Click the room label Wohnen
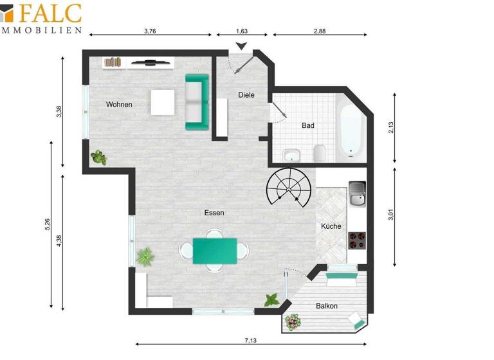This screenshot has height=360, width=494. (120, 104)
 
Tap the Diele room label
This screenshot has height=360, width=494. (246, 95)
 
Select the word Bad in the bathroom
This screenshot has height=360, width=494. (308, 126)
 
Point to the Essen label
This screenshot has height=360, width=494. (214, 213)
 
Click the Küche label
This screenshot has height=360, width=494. (331, 226)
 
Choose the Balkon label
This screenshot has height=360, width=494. (327, 306)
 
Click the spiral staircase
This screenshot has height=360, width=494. (290, 186)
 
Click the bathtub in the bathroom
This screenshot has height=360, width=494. (351, 130)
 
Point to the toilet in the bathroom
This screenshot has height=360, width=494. (319, 154)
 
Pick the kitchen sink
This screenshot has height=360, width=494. (357, 194)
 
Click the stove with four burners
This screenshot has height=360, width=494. (357, 240)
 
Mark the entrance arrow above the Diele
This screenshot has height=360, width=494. (242, 46)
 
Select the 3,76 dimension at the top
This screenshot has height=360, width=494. (151, 30)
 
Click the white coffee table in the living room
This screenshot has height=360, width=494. (163, 102)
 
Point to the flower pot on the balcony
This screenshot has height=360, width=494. (294, 320)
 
